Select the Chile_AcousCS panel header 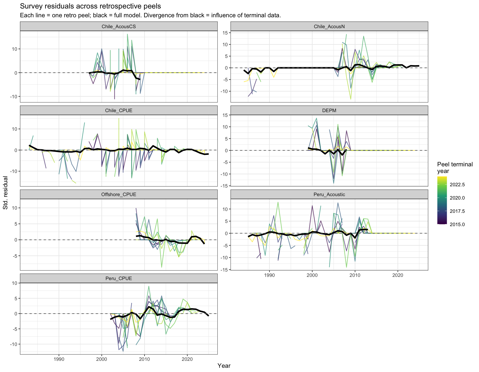point(119,26)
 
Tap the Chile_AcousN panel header point(329,26)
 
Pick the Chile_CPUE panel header point(119,110)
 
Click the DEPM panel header point(329,110)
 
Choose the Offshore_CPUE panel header point(119,194)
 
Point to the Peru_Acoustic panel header point(329,194)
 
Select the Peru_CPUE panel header point(119,278)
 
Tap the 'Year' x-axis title point(224,366)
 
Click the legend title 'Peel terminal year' point(455,168)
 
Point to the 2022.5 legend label point(457,185)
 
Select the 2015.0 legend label point(457,225)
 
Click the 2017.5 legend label point(457,211)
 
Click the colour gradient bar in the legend point(442,200)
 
